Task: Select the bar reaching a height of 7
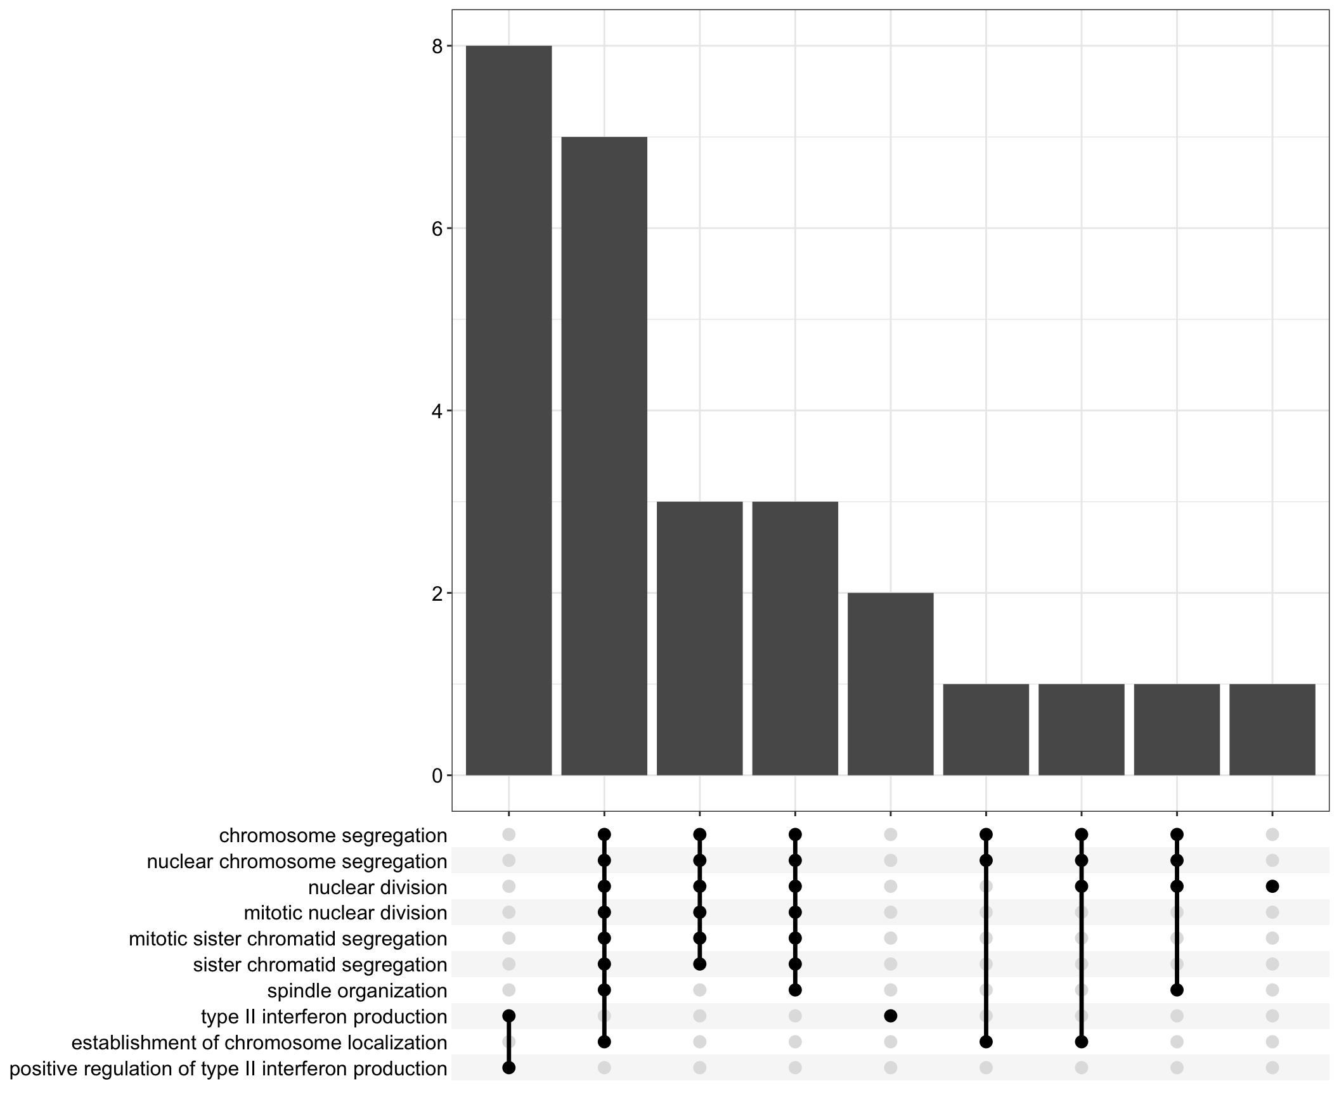click(604, 456)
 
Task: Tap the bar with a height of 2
click(890, 684)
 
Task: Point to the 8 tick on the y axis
click(437, 46)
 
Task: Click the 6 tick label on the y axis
click(437, 229)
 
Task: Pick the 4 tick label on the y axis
click(437, 411)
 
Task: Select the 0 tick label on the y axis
click(437, 776)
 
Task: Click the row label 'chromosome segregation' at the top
click(333, 836)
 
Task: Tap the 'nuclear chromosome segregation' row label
click(297, 862)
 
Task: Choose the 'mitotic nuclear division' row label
click(346, 913)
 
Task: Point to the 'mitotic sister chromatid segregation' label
click(288, 939)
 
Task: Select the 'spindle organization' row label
click(357, 990)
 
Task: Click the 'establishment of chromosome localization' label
click(259, 1042)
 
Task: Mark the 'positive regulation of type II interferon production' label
click(228, 1069)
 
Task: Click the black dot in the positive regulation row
click(508, 1068)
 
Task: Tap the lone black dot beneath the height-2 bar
click(890, 1016)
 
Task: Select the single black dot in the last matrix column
click(1272, 887)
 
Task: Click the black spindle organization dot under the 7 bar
click(604, 990)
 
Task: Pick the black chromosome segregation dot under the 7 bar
click(604, 835)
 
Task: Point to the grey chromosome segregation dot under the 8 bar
click(508, 835)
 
